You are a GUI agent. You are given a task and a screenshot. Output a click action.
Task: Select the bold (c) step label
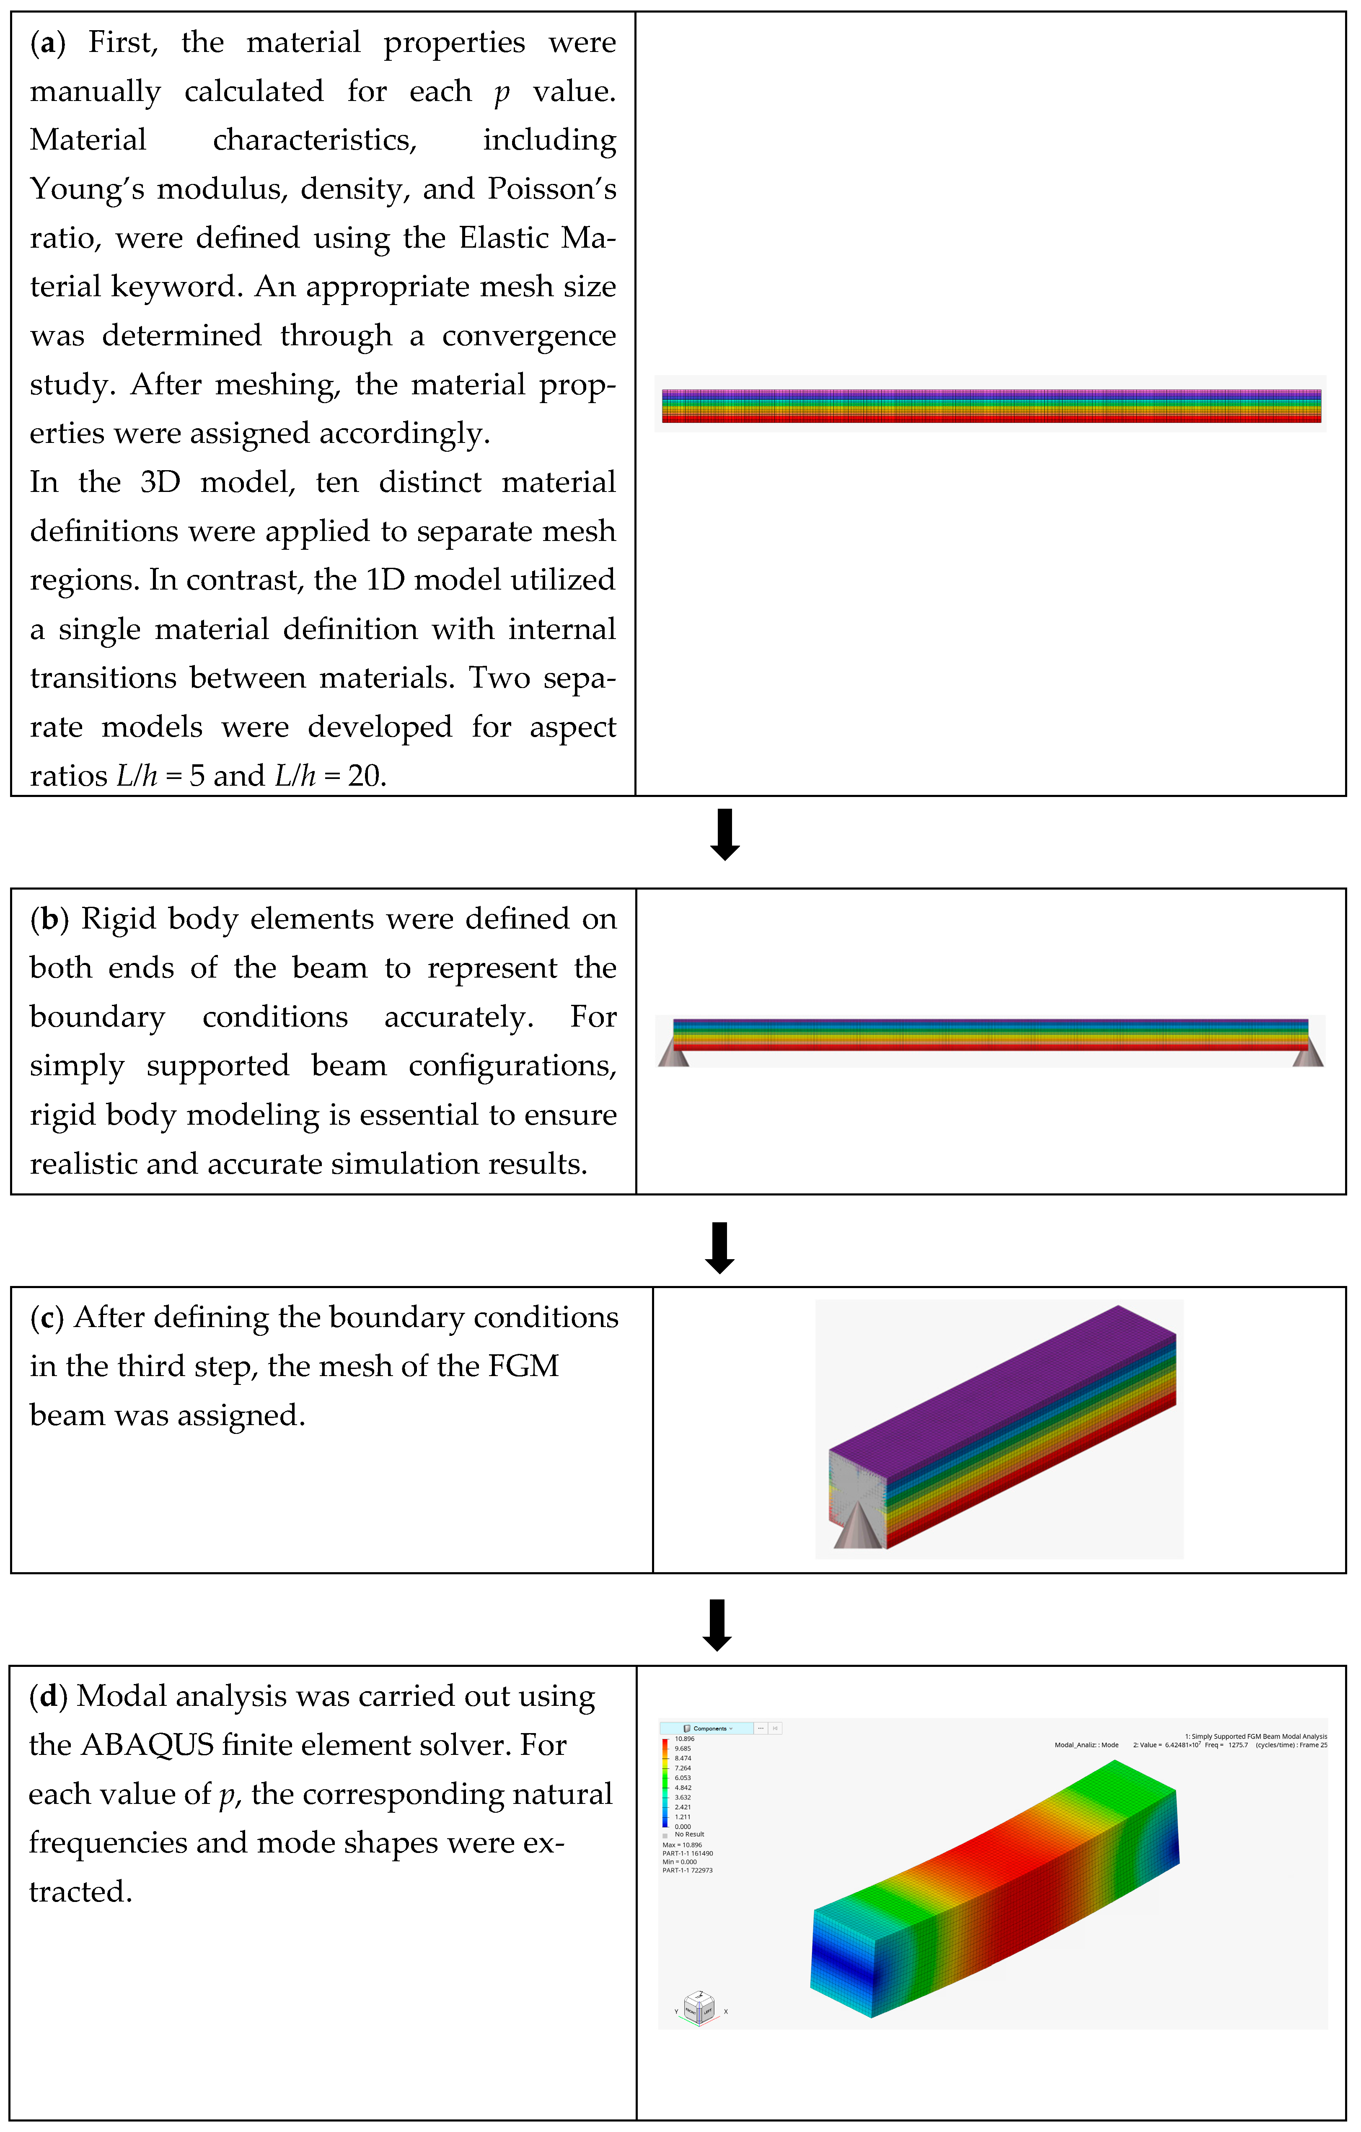[x=47, y=1317]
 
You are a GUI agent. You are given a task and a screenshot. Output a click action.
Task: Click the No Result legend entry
[x=689, y=1834]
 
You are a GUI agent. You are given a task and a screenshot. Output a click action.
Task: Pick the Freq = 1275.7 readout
[x=1226, y=1745]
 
